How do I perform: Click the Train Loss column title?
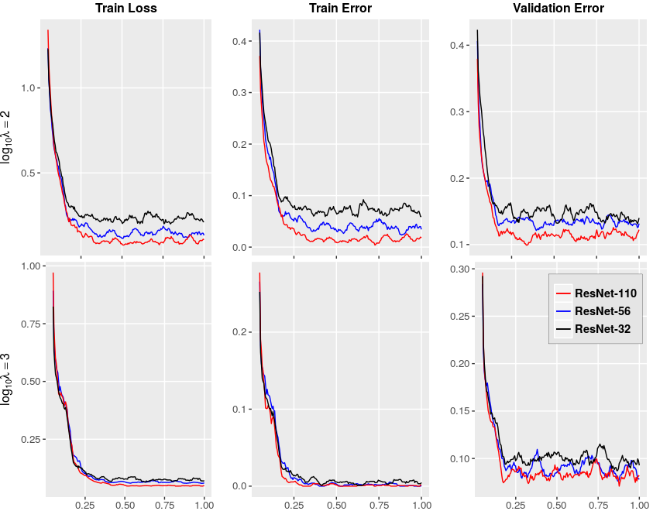pyautogui.click(x=126, y=8)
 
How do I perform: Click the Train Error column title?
pyautogui.click(x=340, y=8)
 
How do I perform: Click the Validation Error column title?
pyautogui.click(x=558, y=8)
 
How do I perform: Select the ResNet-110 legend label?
pyautogui.click(x=606, y=293)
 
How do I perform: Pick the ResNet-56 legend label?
pyautogui.click(x=602, y=311)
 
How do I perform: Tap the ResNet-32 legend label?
pyautogui.click(x=602, y=329)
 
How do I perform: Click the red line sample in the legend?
pyautogui.click(x=563, y=293)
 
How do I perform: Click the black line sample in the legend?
pyautogui.click(x=563, y=329)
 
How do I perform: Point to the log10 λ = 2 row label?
pyautogui.click(x=6, y=137)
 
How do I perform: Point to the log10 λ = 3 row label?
pyautogui.click(x=6, y=379)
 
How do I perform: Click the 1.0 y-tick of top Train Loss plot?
pyautogui.click(x=29, y=87)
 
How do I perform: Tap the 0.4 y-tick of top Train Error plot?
pyautogui.click(x=239, y=41)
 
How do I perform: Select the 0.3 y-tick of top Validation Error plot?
pyautogui.click(x=457, y=111)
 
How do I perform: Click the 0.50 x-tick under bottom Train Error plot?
pyautogui.click(x=336, y=505)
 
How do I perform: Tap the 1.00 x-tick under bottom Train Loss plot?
pyautogui.click(x=204, y=505)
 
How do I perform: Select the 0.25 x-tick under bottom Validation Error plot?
pyautogui.click(x=516, y=505)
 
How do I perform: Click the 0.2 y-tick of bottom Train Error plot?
pyautogui.click(x=239, y=332)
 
